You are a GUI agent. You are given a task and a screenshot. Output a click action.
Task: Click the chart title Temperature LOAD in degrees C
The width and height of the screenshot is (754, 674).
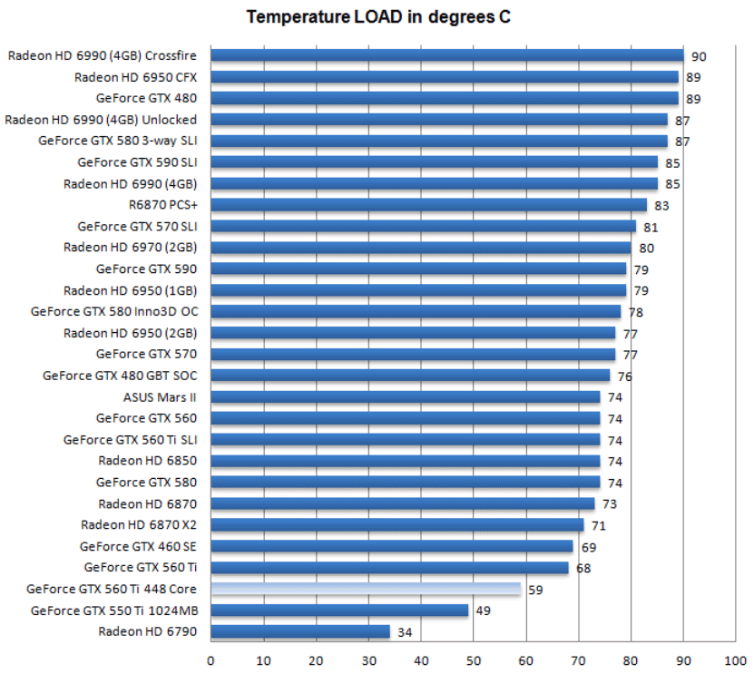[x=378, y=17]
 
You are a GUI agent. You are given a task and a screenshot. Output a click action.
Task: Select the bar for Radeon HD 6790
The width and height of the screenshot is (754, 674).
[x=300, y=631]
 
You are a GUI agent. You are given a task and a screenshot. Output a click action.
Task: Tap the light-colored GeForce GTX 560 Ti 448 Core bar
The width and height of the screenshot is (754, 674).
[x=366, y=589]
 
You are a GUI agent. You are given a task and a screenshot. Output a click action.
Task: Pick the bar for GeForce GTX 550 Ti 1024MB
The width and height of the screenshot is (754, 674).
[x=339, y=611]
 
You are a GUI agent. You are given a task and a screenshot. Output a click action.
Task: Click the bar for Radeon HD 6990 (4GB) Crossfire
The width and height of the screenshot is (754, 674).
[x=446, y=55]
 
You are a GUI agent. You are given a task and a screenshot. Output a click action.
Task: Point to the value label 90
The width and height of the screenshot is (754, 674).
[x=699, y=56]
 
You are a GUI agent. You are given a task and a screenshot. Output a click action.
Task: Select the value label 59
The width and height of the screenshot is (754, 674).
[x=535, y=590]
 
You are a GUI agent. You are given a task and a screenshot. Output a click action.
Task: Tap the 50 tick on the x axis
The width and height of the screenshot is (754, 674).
[x=474, y=660]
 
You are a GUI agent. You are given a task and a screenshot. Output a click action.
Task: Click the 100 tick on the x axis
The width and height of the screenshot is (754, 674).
[x=736, y=660]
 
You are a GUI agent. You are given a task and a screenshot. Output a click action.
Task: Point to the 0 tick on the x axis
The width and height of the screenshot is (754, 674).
[x=211, y=660]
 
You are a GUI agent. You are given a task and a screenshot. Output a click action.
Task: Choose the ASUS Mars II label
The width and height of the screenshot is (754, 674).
[x=160, y=396]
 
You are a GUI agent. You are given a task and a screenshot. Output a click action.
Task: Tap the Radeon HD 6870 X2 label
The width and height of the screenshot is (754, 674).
[x=139, y=524]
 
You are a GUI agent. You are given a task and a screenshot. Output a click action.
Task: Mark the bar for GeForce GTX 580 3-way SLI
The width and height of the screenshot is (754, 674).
[x=439, y=141]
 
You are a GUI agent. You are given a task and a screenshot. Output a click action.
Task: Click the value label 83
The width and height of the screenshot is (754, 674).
[x=661, y=206]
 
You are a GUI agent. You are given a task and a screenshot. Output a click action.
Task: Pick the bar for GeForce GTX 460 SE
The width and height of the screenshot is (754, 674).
[x=392, y=546]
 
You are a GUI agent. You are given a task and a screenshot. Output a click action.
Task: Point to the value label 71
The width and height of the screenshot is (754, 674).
[x=598, y=525]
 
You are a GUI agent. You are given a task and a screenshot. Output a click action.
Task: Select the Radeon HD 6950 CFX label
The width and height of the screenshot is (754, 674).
[x=135, y=77]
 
